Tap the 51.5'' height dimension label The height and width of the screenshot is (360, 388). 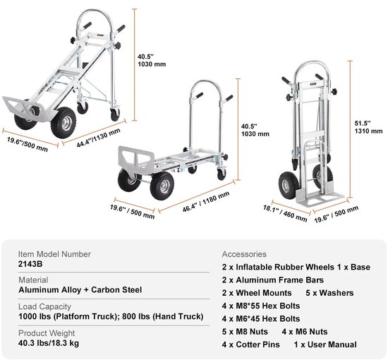(x=363, y=124)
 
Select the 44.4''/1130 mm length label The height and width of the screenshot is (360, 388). (x=99, y=138)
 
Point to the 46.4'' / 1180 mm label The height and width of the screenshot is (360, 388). (x=206, y=202)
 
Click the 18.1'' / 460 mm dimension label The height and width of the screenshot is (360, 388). (x=285, y=213)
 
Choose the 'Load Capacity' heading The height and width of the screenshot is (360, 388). (x=44, y=306)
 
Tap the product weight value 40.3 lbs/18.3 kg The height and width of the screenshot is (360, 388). (x=49, y=343)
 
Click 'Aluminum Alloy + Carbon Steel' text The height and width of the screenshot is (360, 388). (x=80, y=290)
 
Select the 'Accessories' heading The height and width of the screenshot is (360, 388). (x=244, y=254)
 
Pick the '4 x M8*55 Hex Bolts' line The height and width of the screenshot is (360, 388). (x=261, y=306)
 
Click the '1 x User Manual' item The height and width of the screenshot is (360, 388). (x=325, y=344)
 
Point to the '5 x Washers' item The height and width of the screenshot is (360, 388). (x=329, y=293)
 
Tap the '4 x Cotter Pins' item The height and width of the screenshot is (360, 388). (x=251, y=344)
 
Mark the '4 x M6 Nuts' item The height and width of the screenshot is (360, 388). (x=305, y=332)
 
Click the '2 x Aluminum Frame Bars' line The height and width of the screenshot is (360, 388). (x=273, y=280)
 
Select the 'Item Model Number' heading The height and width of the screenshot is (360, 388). (x=54, y=254)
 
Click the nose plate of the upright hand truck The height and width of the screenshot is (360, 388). (x=320, y=198)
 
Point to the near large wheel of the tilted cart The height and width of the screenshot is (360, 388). (x=63, y=122)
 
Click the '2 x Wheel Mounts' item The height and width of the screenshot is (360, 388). (x=257, y=293)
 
